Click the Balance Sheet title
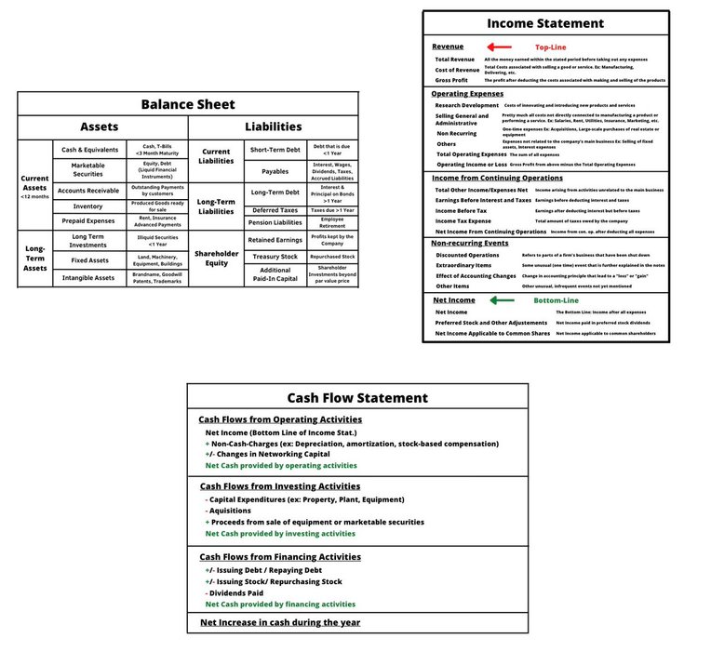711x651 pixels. click(188, 104)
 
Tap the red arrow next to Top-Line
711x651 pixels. click(499, 46)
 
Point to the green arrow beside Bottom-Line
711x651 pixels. click(502, 300)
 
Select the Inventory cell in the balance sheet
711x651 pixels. click(88, 206)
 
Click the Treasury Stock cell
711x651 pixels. click(275, 256)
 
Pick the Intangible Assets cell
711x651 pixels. click(88, 277)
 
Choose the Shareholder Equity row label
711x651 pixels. click(217, 257)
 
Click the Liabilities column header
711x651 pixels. click(274, 126)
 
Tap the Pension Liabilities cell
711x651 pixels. click(275, 222)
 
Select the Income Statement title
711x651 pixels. click(545, 23)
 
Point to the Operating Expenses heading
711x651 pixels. click(467, 94)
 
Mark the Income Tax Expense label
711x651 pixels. click(463, 221)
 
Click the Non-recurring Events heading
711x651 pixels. click(470, 244)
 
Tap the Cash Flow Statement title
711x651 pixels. click(357, 397)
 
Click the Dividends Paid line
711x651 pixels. click(237, 592)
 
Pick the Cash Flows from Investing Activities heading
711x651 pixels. click(280, 486)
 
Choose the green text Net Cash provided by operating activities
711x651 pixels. click(280, 465)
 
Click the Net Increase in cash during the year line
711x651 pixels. click(280, 622)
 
